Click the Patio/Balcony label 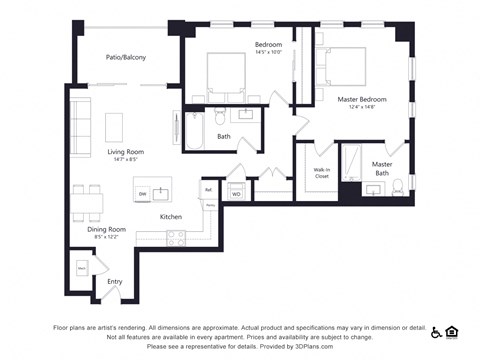click(x=126, y=57)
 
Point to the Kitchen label click(x=171, y=216)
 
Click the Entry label click(x=114, y=281)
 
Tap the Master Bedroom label click(x=361, y=101)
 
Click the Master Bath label click(x=382, y=168)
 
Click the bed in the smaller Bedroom click(x=233, y=72)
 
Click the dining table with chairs click(x=87, y=203)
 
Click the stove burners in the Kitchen click(x=176, y=237)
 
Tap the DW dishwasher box click(x=143, y=193)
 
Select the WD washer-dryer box click(x=237, y=193)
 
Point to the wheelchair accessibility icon click(x=436, y=331)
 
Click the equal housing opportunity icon click(x=451, y=331)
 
